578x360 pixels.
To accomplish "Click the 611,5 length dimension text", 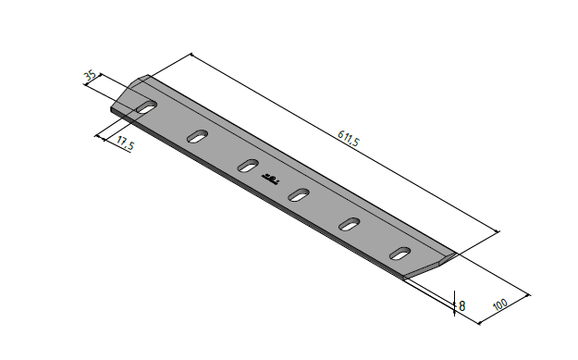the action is [348, 138].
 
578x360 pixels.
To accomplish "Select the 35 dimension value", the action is [91, 76].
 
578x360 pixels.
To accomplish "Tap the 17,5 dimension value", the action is [125, 143].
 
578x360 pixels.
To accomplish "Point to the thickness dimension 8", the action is [461, 305].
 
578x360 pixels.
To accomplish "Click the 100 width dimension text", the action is [499, 304].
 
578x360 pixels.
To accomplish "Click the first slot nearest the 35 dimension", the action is [147, 106].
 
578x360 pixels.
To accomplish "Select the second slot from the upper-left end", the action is [198, 136].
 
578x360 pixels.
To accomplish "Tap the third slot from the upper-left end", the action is [248, 166].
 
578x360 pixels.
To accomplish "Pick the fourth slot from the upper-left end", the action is [299, 194].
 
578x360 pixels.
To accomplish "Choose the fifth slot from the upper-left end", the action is [350, 224].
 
